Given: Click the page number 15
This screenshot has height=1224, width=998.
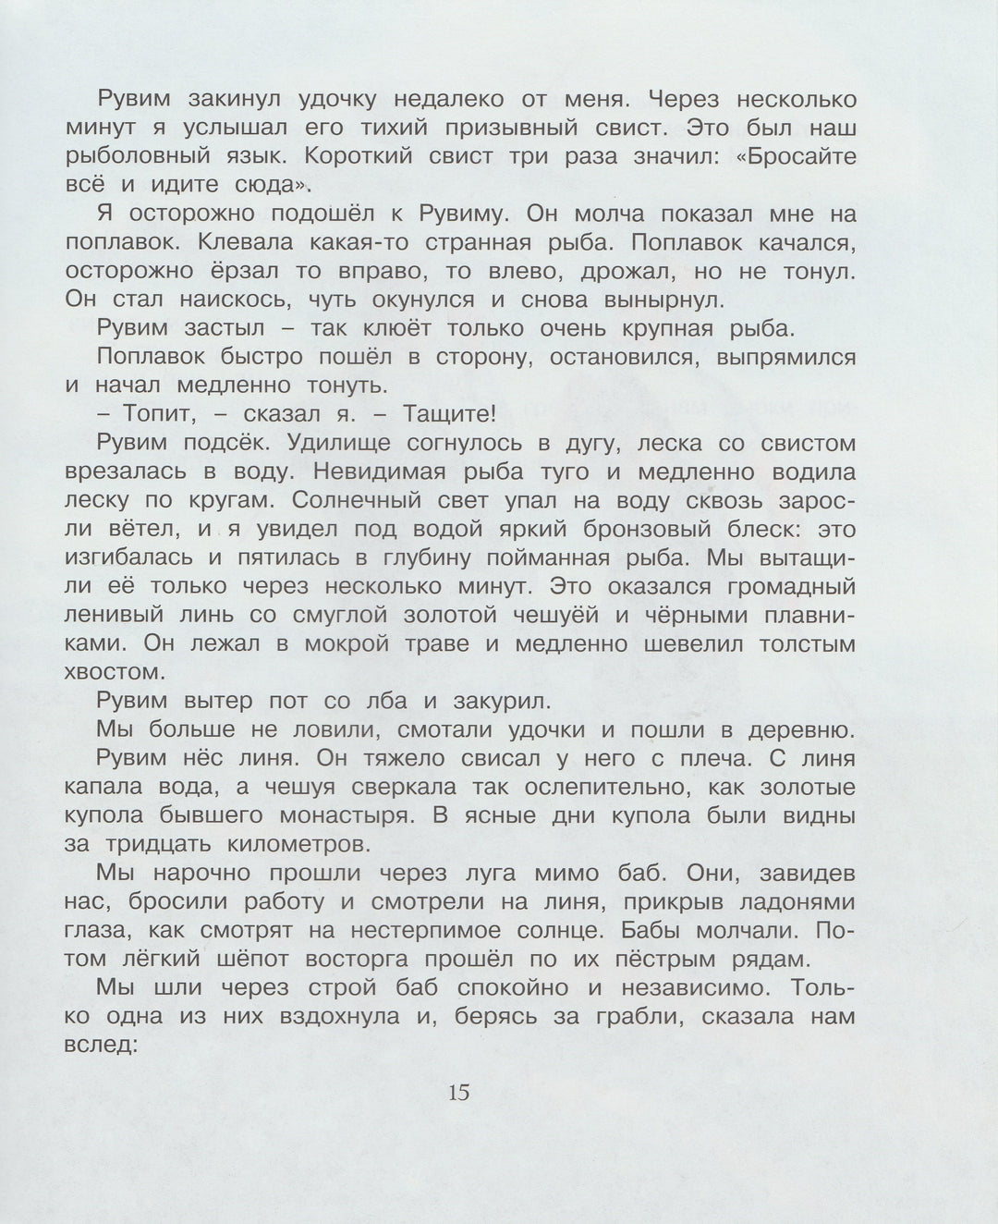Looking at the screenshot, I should point(459,1092).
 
